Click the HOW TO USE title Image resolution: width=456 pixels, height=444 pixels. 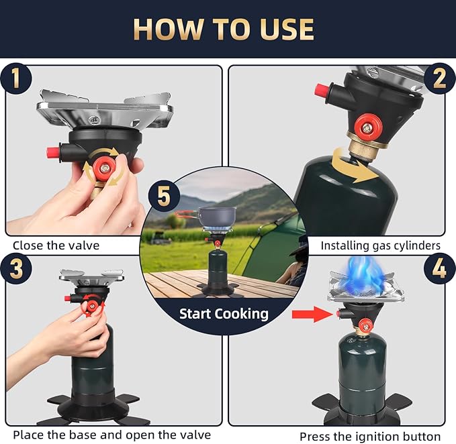(224, 29)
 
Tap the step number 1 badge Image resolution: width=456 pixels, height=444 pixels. (16, 78)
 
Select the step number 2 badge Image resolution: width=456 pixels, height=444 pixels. (439, 78)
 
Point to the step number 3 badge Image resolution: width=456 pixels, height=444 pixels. (16, 268)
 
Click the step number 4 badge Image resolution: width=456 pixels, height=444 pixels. (439, 268)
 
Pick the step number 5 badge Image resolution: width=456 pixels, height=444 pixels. (164, 196)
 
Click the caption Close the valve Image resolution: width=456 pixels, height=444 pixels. (56, 245)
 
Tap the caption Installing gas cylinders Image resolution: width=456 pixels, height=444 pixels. (380, 245)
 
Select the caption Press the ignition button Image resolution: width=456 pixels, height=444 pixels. (370, 437)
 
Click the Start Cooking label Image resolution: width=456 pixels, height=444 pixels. (224, 314)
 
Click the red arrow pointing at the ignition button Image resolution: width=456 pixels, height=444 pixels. (312, 314)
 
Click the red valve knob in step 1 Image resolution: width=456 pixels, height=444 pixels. (104, 168)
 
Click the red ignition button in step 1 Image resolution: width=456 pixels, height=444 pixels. (53, 152)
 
